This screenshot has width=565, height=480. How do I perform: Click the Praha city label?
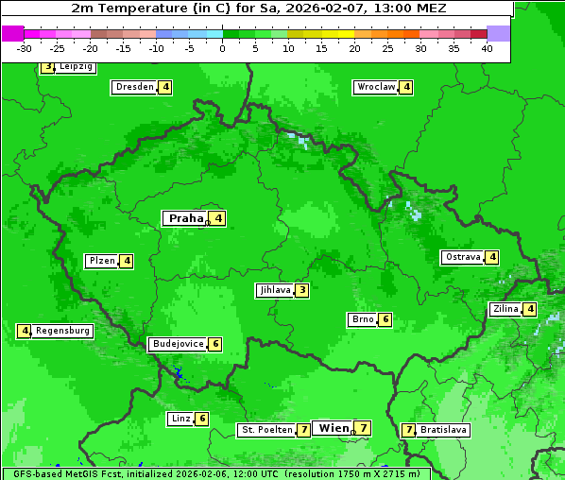point(186,218)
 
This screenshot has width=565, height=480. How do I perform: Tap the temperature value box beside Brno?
point(385,319)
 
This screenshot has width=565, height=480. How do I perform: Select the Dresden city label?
point(134,87)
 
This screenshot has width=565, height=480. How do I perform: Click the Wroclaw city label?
point(375,87)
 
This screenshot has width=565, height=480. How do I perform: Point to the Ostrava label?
point(463,257)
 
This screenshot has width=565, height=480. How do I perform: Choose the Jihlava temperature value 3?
point(301,290)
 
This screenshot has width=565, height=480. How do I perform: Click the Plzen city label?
point(101,261)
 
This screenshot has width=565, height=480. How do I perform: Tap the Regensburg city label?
point(63,331)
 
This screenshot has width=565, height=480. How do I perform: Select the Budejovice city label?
point(178,344)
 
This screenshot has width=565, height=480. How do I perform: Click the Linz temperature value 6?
point(201,419)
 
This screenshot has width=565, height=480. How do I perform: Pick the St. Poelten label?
point(266,430)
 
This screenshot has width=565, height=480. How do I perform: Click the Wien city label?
point(334,428)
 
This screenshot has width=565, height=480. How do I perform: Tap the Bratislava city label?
point(443,430)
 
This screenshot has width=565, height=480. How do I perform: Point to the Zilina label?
point(505,309)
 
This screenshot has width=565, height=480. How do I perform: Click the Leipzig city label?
point(76,67)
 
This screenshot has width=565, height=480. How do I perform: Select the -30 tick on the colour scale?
point(25,48)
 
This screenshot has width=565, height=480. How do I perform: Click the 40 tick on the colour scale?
point(487,48)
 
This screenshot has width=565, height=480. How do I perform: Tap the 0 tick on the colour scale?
point(222,48)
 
